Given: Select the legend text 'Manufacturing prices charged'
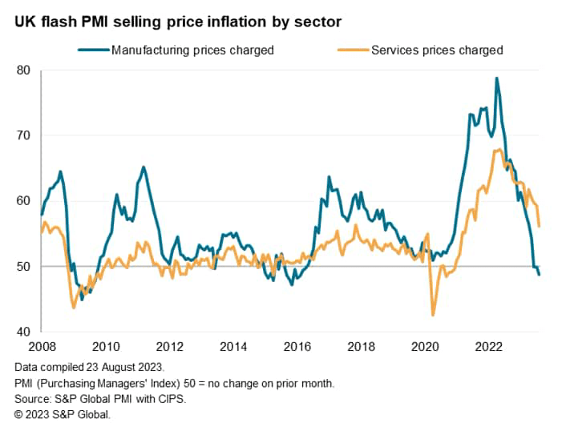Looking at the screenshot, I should (192, 50).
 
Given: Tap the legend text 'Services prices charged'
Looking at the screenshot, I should (437, 50).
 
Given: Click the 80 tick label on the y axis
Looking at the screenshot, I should (23, 70).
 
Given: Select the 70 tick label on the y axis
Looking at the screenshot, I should (23, 135).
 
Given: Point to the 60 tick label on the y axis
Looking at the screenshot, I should (23, 201).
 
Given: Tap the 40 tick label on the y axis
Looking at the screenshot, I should (23, 332).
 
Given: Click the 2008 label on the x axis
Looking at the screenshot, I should (42, 347).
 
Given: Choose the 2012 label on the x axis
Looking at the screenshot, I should (169, 347).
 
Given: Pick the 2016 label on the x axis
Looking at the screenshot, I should (297, 347).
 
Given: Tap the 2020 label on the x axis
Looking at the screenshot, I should (425, 347).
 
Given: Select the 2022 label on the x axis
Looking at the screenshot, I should (489, 347).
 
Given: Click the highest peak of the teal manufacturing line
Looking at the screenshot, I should (497, 79).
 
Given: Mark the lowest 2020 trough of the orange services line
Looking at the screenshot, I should (434, 315).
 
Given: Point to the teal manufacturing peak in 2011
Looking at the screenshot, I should (144, 167).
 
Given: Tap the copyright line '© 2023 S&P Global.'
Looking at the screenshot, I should (63, 413).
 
